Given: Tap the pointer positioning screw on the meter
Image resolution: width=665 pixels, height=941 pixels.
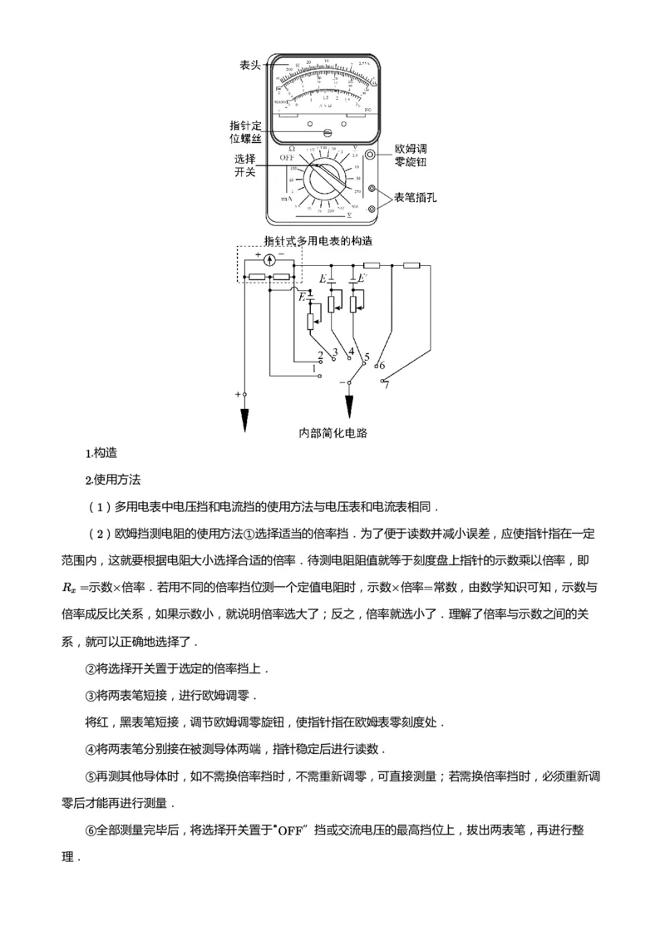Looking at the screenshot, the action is (328, 132).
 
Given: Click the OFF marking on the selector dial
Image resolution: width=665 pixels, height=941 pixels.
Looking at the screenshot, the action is (288, 157).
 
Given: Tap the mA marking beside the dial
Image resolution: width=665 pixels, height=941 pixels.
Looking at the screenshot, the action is (285, 200).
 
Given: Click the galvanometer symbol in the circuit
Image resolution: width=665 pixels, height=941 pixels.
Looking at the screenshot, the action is (269, 260).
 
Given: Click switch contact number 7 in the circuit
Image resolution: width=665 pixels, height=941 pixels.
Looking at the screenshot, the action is (386, 385).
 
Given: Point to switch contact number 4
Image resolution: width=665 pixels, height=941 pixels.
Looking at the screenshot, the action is (351, 352).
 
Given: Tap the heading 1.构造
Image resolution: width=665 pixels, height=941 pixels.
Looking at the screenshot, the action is (101, 454).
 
